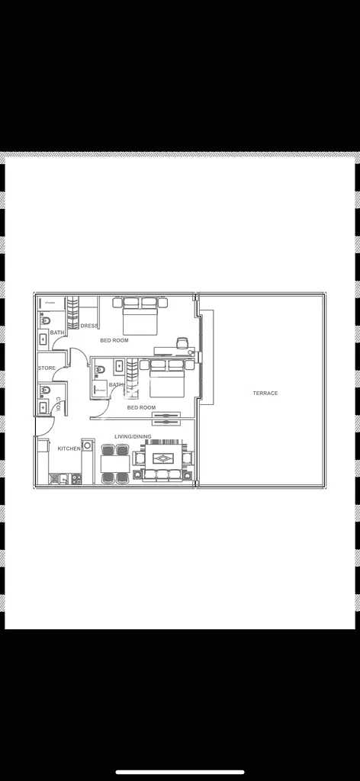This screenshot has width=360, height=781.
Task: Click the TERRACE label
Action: click(x=265, y=394)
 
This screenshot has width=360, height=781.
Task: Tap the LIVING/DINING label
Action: click(x=133, y=437)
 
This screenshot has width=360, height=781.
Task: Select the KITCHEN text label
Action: click(x=69, y=448)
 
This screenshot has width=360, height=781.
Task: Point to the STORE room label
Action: click(x=47, y=368)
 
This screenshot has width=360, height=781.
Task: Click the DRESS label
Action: click(x=89, y=326)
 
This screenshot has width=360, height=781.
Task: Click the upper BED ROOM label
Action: click(x=114, y=340)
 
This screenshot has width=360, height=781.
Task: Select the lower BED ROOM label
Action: click(x=141, y=407)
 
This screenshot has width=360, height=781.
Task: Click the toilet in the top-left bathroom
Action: click(x=45, y=321)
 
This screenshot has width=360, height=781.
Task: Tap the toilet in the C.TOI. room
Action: click(x=45, y=390)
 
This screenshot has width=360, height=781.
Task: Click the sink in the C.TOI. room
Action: click(x=43, y=407)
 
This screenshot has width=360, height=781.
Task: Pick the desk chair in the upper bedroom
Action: click(x=182, y=342)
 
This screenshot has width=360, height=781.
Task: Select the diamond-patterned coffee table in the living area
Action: click(x=163, y=458)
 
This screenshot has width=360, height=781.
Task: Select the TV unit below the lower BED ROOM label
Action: click(x=166, y=419)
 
